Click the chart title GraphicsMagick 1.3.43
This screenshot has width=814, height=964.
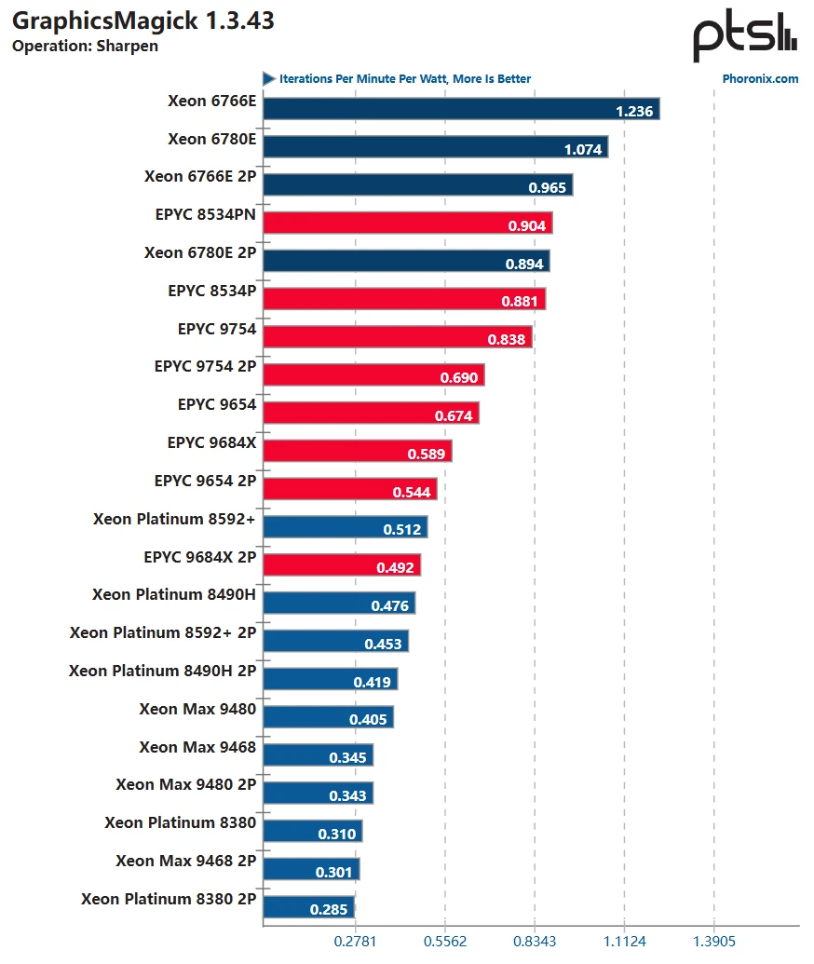tap(142, 20)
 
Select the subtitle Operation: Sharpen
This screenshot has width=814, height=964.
tap(85, 47)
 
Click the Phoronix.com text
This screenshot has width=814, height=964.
tap(760, 79)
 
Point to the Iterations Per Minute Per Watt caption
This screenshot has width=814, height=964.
tap(404, 79)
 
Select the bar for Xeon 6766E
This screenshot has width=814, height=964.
tap(461, 110)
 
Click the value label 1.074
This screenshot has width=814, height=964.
tap(583, 149)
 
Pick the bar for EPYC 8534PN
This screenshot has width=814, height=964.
tap(408, 224)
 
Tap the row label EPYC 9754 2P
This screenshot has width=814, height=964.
tap(205, 367)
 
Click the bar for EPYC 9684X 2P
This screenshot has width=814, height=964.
tap(342, 565)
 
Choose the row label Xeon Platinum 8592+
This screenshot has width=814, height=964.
tap(174, 519)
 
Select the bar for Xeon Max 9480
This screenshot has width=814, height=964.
tap(328, 717)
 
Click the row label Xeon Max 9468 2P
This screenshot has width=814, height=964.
tap(185, 861)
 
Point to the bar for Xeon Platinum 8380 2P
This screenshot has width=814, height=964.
tap(309, 907)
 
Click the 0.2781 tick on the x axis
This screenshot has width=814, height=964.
tap(354, 942)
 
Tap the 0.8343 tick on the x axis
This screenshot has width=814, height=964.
tap(535, 942)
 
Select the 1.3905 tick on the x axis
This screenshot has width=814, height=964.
tap(714, 942)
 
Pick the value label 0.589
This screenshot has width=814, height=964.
tap(427, 455)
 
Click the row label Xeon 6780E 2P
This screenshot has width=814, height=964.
tap(200, 252)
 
